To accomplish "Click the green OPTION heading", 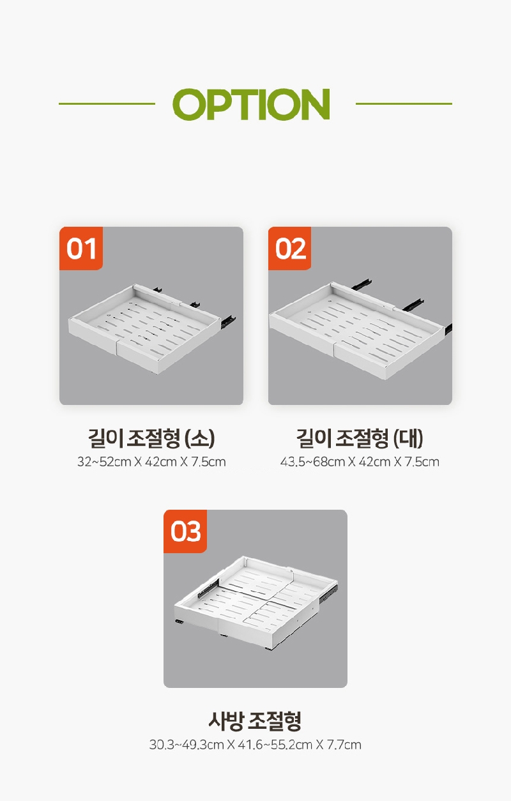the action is pos(251,104).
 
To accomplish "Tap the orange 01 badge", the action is pos(81,248).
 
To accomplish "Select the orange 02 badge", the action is pos(289,248).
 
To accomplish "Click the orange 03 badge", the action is pos(185,531).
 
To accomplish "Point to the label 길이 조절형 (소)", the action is pos(151,438).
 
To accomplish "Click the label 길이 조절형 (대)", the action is pos(360,438).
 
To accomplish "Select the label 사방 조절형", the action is pos(255,721).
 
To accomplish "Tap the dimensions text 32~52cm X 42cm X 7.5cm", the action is pos(151,462).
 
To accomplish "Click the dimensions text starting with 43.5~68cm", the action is pos(360,462).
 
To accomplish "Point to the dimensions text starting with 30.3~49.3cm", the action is pos(255,745).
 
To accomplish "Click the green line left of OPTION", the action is pos(107,103).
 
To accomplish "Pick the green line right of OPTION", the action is pos(404,103).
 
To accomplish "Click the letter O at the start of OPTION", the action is pos(188,104).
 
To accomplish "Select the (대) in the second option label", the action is pos(408,439).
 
